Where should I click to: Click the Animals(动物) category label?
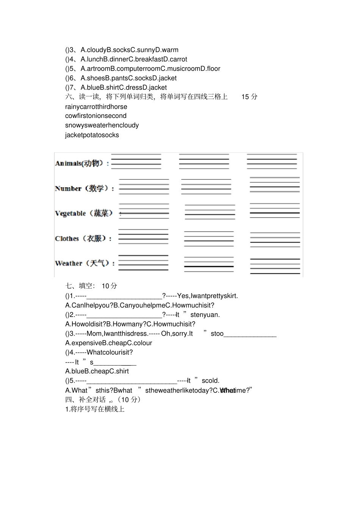[81, 163]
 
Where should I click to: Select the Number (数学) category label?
[84, 188]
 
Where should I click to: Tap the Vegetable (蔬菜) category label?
[84, 213]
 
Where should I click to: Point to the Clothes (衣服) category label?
[83, 239]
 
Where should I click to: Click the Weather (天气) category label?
[84, 263]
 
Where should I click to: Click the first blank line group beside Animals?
[136, 161]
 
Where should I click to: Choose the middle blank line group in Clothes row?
[209, 239]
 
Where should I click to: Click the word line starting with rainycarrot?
[96, 107]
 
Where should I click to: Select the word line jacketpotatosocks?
[92, 135]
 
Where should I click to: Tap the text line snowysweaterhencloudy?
[102, 125]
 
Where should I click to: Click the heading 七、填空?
[80, 286]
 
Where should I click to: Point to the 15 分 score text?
[249, 97]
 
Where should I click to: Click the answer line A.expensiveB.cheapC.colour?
[108, 343]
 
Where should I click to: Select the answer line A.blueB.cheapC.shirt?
[97, 371]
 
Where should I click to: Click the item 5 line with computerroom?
[142, 69]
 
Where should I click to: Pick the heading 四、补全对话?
[85, 400]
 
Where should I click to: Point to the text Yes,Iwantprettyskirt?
[207, 296]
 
